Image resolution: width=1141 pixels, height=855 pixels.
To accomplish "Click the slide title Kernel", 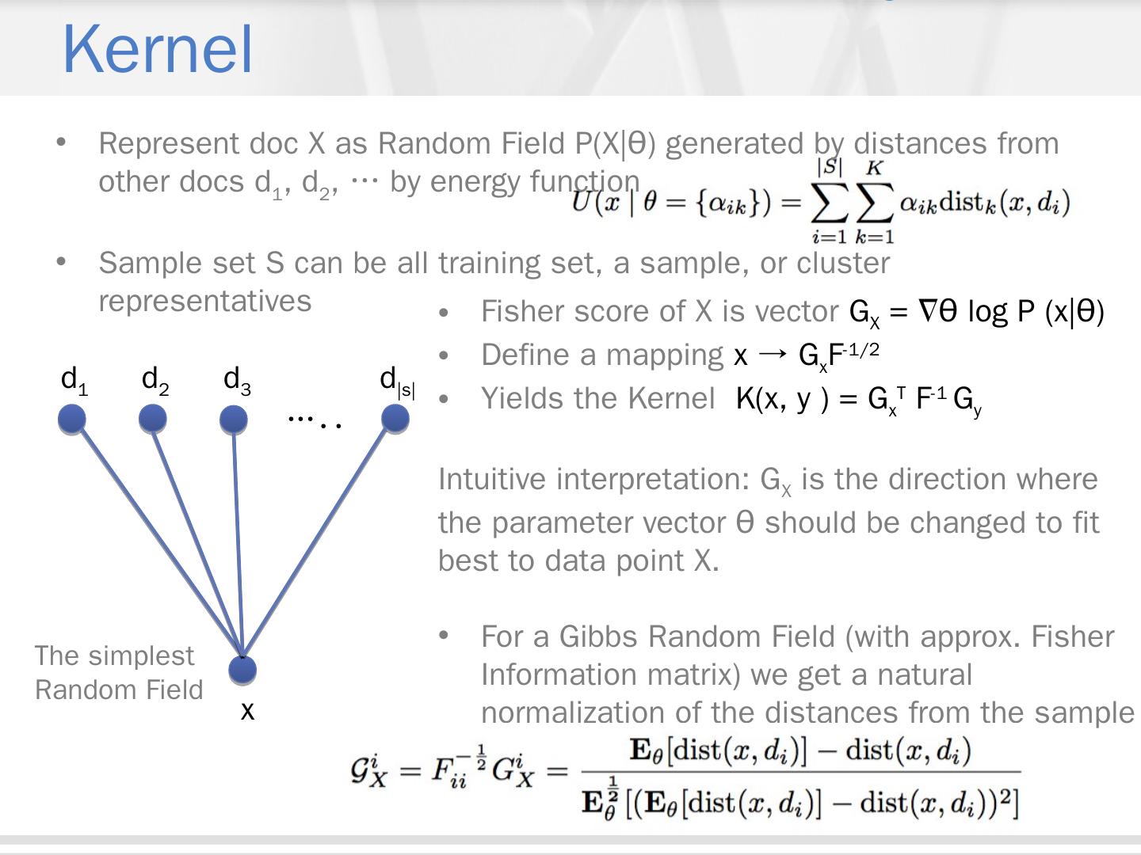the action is [157, 49].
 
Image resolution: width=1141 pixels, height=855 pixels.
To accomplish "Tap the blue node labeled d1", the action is [72, 419].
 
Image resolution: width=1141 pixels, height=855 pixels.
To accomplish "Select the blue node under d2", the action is [153, 419].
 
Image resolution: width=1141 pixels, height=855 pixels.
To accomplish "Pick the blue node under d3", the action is [233, 419].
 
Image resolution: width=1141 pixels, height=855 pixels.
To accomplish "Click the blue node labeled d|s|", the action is [395, 419].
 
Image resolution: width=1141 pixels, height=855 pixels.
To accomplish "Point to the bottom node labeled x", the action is [242, 670].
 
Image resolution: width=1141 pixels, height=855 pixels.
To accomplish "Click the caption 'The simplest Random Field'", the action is [119, 673].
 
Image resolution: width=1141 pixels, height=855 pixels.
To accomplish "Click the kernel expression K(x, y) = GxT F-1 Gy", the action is [859, 399].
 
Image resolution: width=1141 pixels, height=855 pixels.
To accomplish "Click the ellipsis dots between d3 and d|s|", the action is [315, 420].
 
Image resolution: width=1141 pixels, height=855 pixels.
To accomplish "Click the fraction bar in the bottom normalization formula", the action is [800, 772].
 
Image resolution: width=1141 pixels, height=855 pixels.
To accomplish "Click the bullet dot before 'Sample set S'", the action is [61, 262].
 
